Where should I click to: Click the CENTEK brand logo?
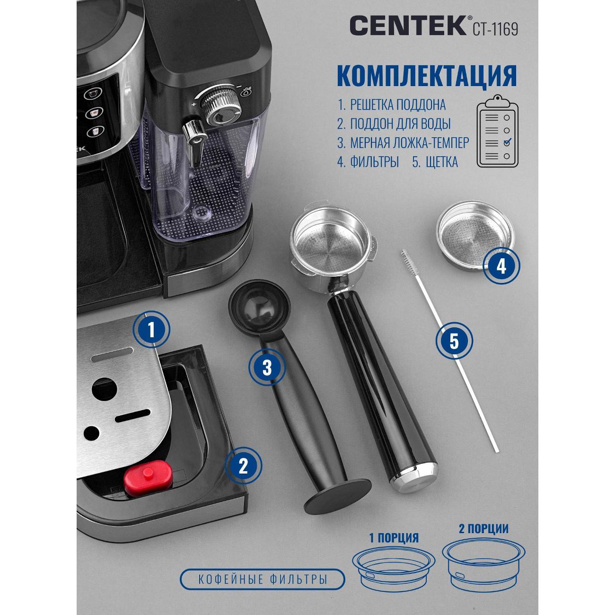point(409,26)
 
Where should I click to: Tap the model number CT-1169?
point(495,29)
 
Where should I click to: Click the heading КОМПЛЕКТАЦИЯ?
point(427,76)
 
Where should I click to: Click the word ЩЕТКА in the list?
point(442,162)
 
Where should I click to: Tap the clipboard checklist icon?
point(497,131)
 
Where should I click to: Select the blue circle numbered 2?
point(243,466)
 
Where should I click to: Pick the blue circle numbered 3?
point(267,367)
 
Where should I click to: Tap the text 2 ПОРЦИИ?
point(483,529)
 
